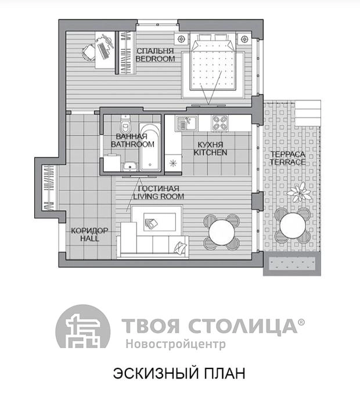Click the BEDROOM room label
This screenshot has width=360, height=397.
coord(155,59)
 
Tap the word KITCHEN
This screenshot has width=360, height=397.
coord(210,153)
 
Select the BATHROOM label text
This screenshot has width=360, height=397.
coord(132,145)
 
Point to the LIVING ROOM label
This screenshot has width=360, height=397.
coord(159,196)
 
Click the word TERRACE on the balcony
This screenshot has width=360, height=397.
coord(287,162)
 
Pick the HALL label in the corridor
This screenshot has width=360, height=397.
coord(89,239)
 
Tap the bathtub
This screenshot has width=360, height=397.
coord(150,147)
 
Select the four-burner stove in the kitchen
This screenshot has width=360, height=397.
coord(219,123)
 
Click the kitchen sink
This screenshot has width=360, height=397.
coord(186,123)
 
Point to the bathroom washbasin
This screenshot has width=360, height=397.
coord(131,167)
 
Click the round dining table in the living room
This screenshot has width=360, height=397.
coord(222,232)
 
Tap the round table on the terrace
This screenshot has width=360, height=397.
coord(293,225)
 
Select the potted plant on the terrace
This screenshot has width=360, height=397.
coord(299,192)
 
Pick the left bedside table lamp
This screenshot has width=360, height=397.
coord(181,39)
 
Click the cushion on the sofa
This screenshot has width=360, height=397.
coord(180,247)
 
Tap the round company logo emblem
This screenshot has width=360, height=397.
coord(83,327)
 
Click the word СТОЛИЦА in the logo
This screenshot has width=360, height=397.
coord(243,326)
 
